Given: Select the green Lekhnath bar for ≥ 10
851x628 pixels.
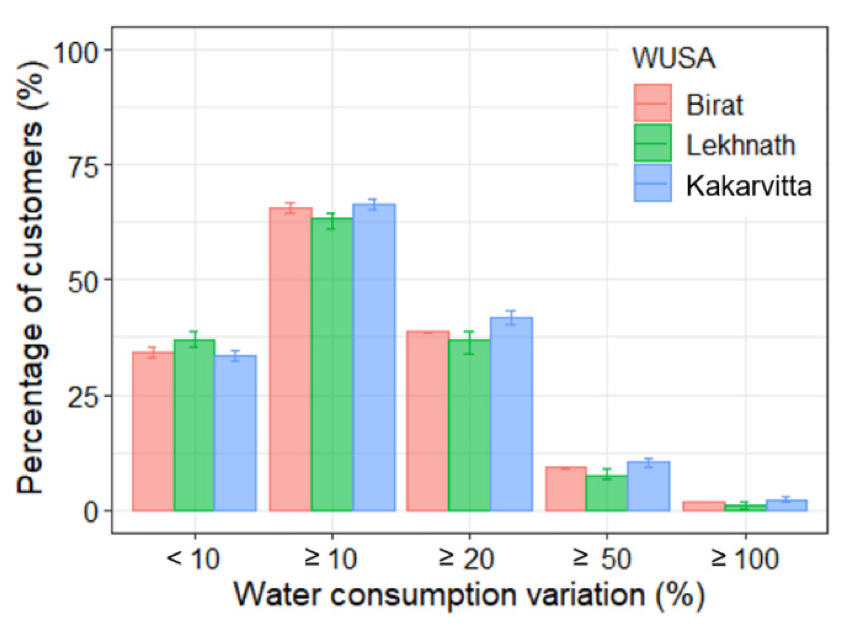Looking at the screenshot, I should pyautogui.click(x=332, y=365).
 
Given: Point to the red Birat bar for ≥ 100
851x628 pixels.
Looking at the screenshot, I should pyautogui.click(x=703, y=506).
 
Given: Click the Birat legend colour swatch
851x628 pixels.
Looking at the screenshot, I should pyautogui.click(x=652, y=103).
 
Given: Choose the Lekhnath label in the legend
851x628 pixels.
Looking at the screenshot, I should pyautogui.click(x=740, y=145).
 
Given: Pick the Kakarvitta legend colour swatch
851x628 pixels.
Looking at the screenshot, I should pyautogui.click(x=652, y=183).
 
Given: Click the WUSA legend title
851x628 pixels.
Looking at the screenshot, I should pyautogui.click(x=674, y=58).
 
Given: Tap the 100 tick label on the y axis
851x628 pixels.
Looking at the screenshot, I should pyautogui.click(x=76, y=53).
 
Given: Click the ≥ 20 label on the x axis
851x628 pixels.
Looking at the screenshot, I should pyautogui.click(x=466, y=558).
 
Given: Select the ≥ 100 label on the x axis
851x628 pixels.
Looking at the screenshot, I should pyautogui.click(x=745, y=558).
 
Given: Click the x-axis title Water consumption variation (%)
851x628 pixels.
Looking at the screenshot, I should pyautogui.click(x=469, y=595).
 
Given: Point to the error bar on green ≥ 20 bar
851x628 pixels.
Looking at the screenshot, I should pyautogui.click(x=468, y=342).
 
